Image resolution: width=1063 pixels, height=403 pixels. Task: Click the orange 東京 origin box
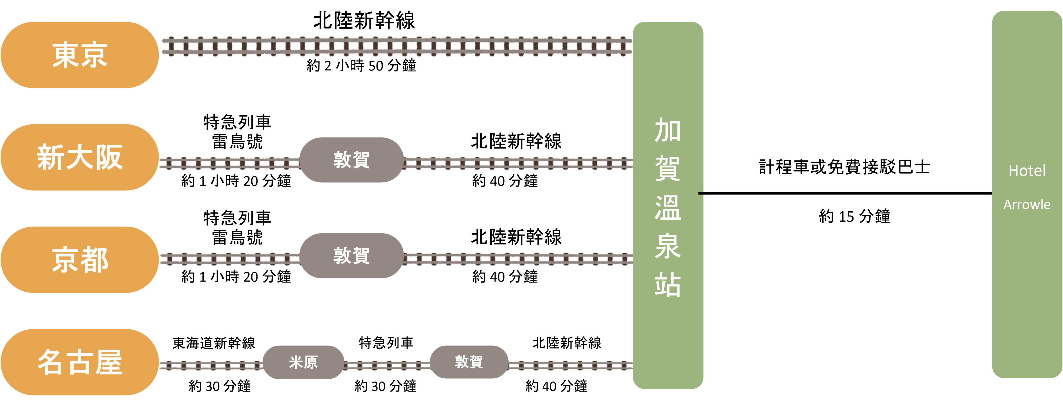click(x=80, y=55)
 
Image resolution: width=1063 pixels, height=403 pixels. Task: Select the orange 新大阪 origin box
click(x=80, y=157)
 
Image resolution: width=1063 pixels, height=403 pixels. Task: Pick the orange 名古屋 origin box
click(x=80, y=362)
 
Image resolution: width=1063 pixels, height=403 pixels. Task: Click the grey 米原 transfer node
click(x=303, y=362)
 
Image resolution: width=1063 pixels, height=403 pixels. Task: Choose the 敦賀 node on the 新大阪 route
click(x=351, y=160)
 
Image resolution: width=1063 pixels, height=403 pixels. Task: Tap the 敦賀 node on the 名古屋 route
click(x=469, y=362)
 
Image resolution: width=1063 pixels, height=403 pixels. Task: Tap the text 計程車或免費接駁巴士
click(x=844, y=167)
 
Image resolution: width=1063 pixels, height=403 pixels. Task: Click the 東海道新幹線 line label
click(x=214, y=343)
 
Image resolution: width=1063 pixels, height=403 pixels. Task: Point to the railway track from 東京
click(x=397, y=47)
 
